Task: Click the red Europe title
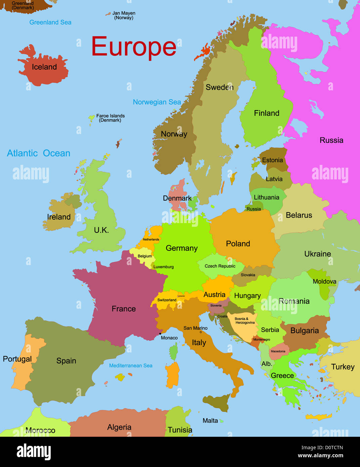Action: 134,47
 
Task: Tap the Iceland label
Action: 44,67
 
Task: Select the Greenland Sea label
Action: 50,22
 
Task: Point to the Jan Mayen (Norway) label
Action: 124,15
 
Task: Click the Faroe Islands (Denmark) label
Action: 110,118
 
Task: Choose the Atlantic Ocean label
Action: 39,153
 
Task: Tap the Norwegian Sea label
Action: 157,102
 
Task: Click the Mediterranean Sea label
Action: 131,366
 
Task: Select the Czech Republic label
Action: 220,266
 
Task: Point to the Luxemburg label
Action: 164,267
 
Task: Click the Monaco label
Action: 169,338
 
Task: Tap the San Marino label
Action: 195,328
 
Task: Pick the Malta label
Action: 210,421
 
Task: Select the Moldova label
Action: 324,282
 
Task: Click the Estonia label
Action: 272,160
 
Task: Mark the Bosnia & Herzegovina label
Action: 245,321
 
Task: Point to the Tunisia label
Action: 180,430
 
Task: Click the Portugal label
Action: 17,359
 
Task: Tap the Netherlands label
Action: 151,240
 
